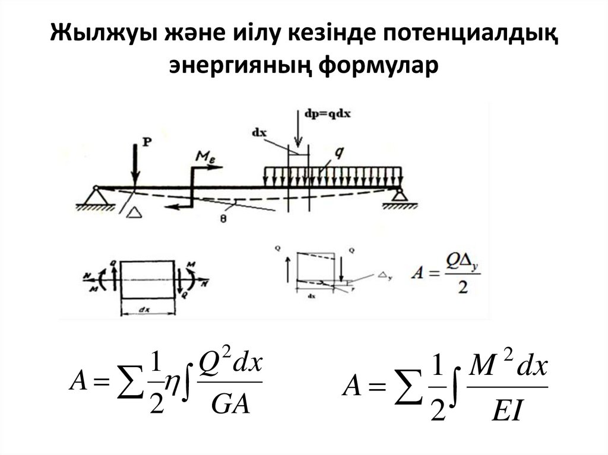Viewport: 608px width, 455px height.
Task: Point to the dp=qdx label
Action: coord(324,114)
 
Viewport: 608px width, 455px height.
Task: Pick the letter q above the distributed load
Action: coord(338,152)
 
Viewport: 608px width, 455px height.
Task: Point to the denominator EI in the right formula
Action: coord(506,411)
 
